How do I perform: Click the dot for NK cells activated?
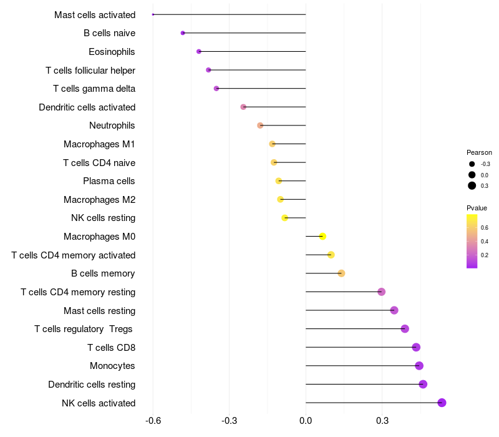(x=442, y=403)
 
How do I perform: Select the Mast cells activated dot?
(x=153, y=14)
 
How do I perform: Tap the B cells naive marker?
(x=183, y=33)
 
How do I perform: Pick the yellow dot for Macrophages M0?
(x=322, y=236)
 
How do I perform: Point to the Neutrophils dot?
(x=260, y=125)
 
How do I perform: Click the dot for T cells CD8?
(x=416, y=347)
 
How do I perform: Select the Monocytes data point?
(x=419, y=366)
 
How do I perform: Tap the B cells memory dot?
(x=341, y=273)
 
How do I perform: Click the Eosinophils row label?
(x=112, y=52)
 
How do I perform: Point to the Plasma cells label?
(x=109, y=181)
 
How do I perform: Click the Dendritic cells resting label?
(x=92, y=385)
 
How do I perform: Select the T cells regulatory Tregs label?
(x=85, y=329)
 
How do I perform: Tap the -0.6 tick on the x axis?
(x=153, y=421)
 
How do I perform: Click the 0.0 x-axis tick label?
(x=306, y=421)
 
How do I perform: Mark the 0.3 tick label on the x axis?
(x=382, y=421)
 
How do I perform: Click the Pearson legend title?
(x=479, y=152)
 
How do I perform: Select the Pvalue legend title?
(x=477, y=208)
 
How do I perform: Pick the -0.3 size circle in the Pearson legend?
(x=472, y=164)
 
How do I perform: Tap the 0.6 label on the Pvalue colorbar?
(x=485, y=227)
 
